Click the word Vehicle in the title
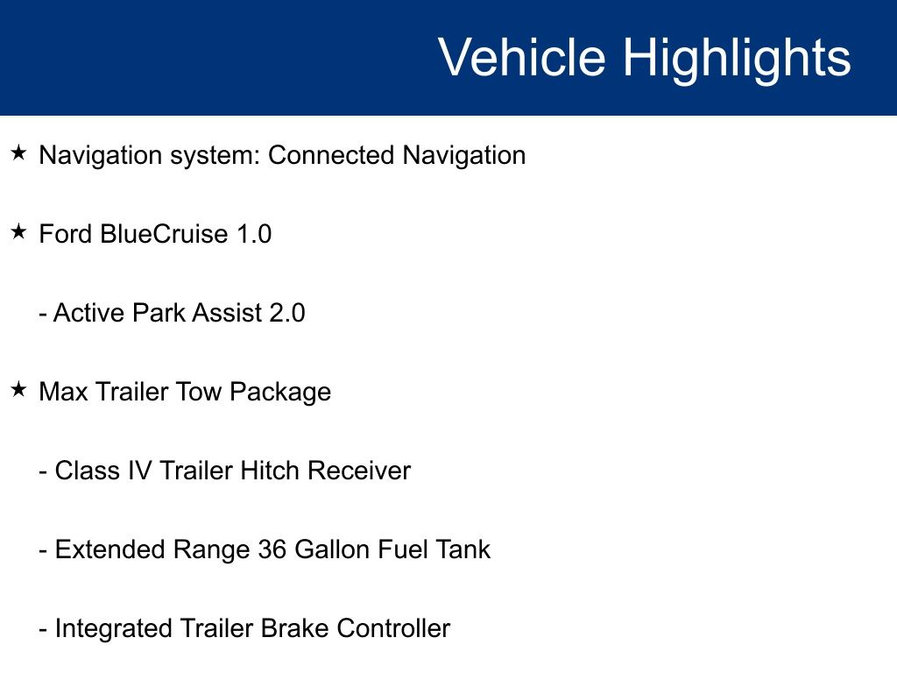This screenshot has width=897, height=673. tap(522, 57)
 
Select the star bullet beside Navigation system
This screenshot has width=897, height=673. tap(19, 152)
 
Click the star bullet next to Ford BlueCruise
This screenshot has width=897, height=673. tap(19, 231)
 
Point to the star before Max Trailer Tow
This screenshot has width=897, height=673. tap(19, 390)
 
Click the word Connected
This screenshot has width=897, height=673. tap(331, 155)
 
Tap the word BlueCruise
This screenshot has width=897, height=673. tap(164, 234)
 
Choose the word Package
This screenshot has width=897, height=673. tap(280, 393)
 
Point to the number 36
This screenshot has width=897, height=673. tap(272, 550)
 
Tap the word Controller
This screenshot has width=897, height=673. tap(393, 629)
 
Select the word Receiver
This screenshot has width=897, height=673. tap(358, 471)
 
